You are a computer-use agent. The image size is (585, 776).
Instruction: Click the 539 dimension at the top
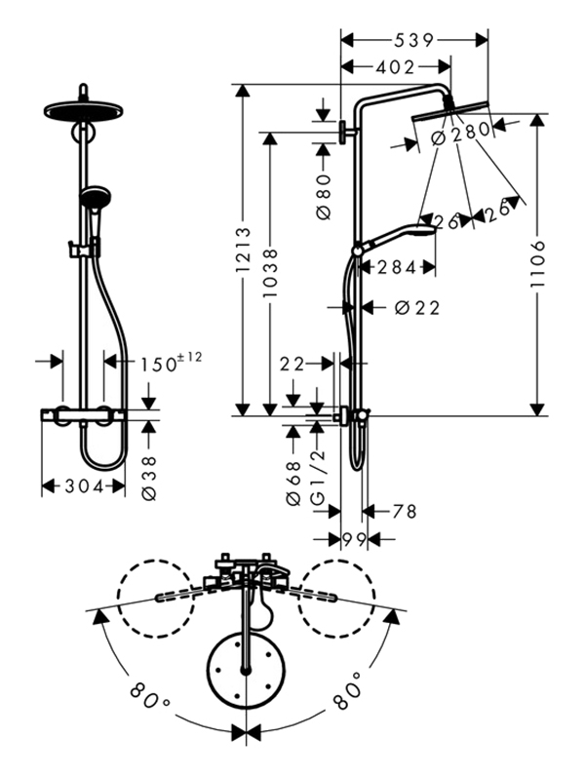tap(414, 40)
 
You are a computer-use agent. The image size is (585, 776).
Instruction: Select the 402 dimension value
tap(394, 66)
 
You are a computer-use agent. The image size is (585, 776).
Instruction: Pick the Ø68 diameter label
tap(293, 485)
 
